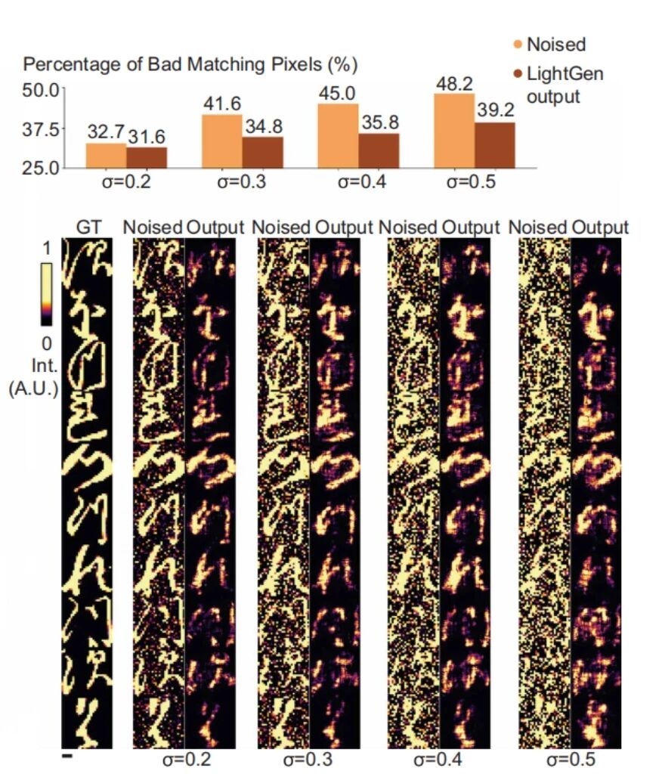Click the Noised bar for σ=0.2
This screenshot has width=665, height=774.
tap(106, 155)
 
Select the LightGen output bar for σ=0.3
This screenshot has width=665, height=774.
tap(262, 152)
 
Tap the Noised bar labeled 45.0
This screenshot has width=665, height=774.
tap(338, 135)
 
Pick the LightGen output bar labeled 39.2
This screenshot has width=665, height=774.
tap(494, 144)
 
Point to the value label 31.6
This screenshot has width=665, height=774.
tap(147, 137)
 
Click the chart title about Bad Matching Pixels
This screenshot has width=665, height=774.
tap(190, 65)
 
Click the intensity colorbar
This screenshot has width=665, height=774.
tap(46, 295)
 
